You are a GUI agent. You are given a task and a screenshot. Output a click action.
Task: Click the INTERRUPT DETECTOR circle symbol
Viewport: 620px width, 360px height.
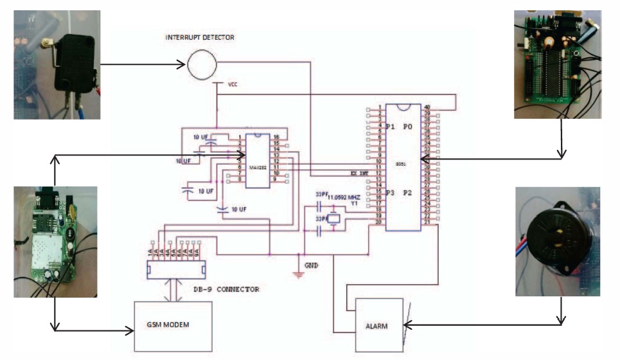coord(202,64)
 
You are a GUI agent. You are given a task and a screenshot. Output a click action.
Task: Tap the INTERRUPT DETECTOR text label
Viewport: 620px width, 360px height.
coord(200,38)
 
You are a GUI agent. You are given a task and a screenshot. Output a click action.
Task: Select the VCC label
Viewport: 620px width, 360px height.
coord(233,84)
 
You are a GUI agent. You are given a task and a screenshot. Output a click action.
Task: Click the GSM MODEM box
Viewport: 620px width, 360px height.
coord(172,326)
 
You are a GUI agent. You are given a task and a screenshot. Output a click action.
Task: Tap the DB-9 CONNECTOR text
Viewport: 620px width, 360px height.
coord(226,289)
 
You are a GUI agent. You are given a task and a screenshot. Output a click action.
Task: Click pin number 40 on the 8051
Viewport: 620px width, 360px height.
coord(427,107)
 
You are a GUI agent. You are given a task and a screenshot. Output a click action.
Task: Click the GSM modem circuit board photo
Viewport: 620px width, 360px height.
coord(55,242)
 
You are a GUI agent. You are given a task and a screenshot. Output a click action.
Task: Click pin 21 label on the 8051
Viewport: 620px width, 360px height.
coord(427,222)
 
